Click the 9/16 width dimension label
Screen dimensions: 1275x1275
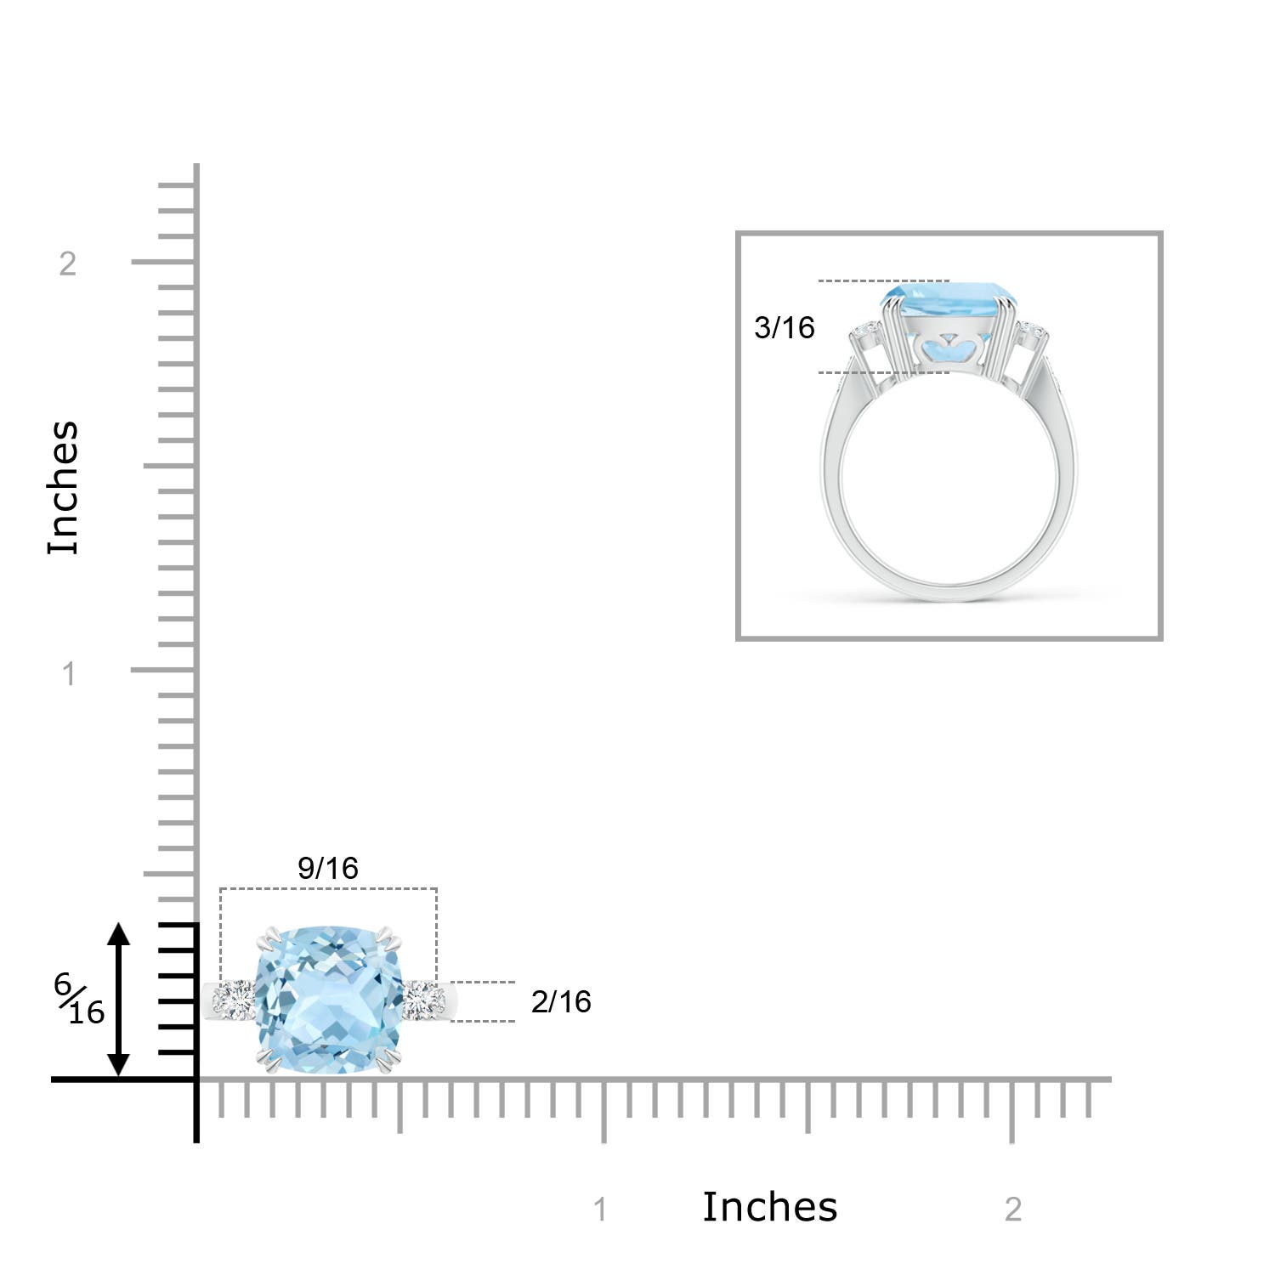click(x=328, y=868)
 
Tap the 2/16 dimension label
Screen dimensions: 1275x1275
click(x=561, y=1001)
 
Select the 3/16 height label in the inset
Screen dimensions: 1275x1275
click(x=784, y=327)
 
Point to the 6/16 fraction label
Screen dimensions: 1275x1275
click(x=79, y=999)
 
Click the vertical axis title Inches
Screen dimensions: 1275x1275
click(x=64, y=488)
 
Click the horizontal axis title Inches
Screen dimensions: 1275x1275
click(x=770, y=1207)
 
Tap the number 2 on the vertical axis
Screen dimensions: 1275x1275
click(x=68, y=263)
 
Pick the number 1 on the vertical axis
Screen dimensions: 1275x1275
click(x=69, y=674)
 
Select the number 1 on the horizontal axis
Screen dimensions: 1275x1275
click(x=600, y=1210)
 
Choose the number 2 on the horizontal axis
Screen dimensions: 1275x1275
click(x=1012, y=1210)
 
